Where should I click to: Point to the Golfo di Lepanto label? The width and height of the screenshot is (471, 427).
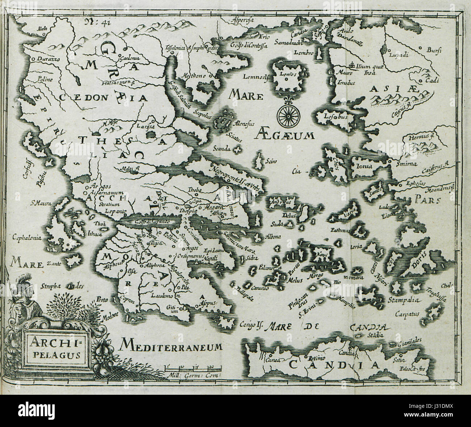click(x=147, y=221)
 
